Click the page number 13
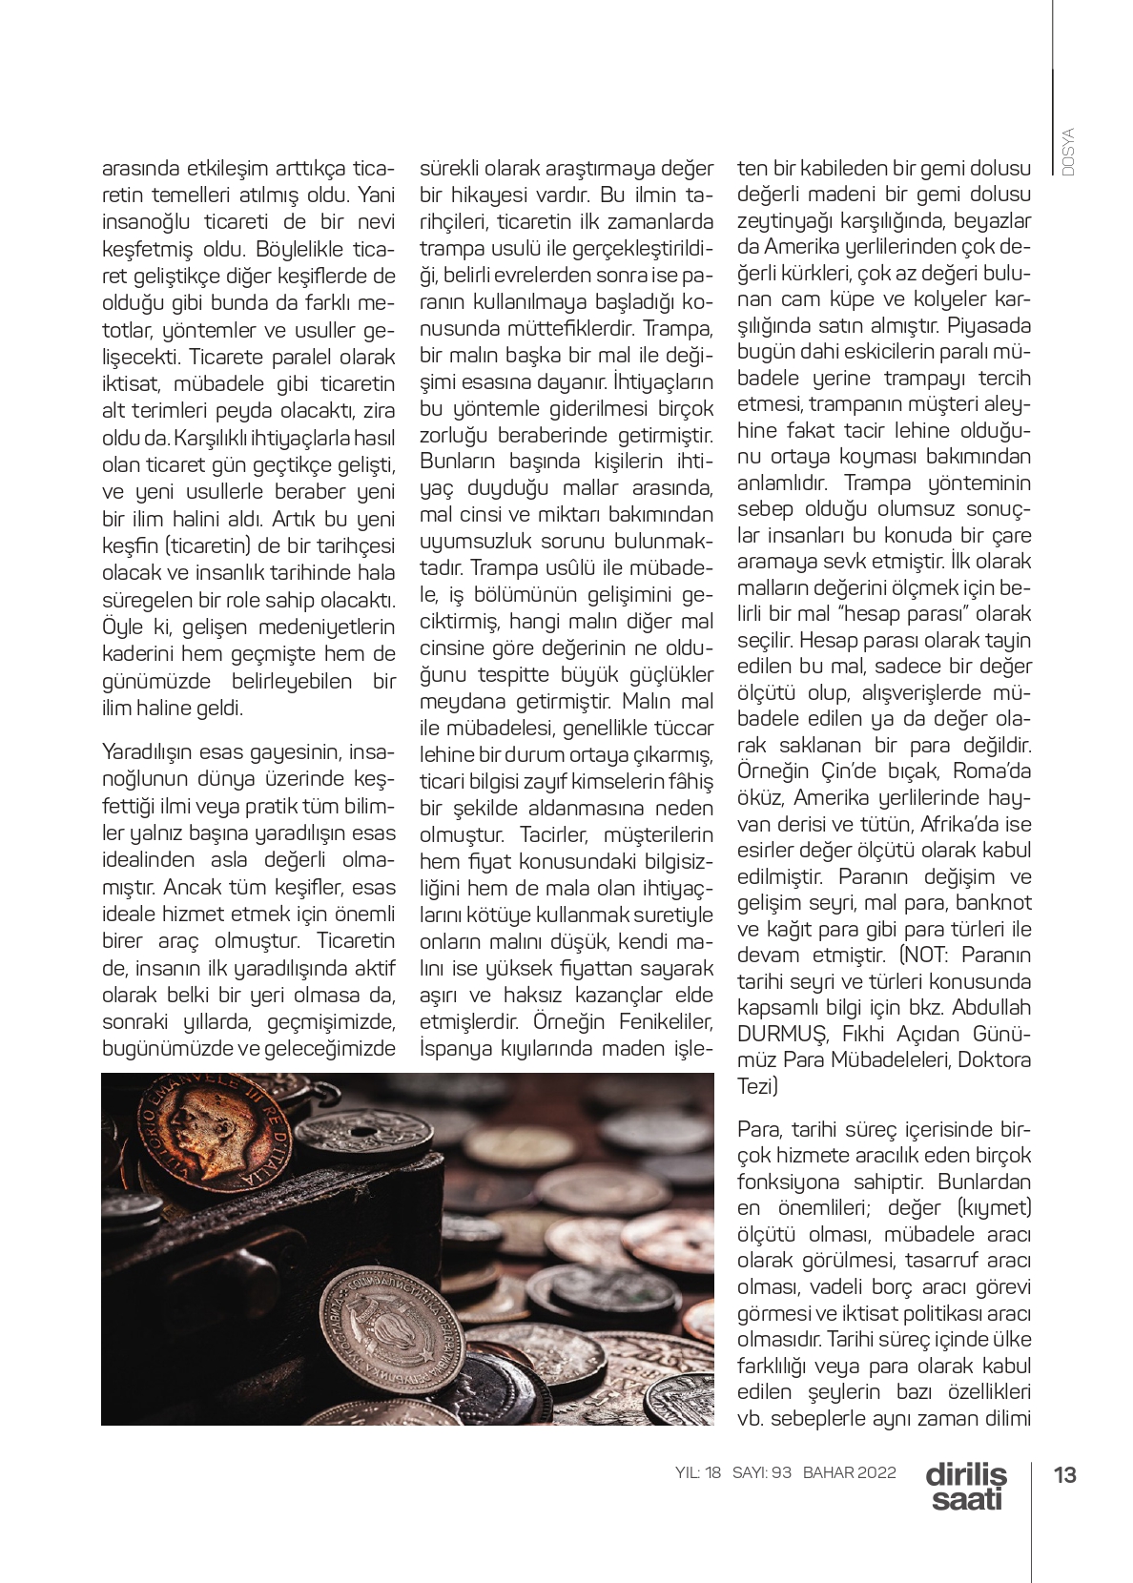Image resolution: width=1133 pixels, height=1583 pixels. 1064,1474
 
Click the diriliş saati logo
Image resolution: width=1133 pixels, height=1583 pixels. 966,1486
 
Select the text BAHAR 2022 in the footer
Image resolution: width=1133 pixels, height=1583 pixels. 849,1471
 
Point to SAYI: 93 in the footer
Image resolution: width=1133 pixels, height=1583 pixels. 762,1471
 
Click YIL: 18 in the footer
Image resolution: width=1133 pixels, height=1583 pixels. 698,1471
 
